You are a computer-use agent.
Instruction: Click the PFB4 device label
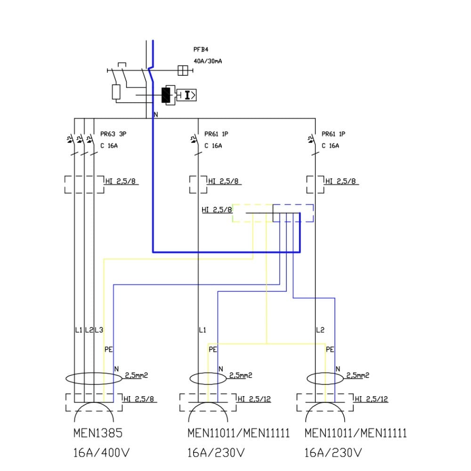[x=201, y=49]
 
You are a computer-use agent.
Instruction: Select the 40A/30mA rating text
[x=208, y=61]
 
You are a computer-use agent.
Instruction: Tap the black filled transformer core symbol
[x=166, y=95]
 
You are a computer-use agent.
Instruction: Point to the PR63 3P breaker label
[x=113, y=134]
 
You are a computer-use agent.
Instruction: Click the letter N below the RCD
[x=156, y=115]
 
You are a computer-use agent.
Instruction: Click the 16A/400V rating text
[x=101, y=453]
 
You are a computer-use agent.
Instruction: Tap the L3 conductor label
[x=98, y=330]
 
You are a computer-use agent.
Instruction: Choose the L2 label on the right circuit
[x=320, y=330]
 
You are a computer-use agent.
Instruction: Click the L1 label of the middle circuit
[x=202, y=330]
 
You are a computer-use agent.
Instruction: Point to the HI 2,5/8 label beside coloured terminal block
[x=217, y=210]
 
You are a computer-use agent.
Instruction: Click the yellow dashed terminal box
[x=252, y=213]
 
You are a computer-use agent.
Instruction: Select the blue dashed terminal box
[x=293, y=213]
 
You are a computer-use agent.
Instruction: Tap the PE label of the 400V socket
[x=108, y=349]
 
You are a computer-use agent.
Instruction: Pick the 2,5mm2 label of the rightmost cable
[x=357, y=375]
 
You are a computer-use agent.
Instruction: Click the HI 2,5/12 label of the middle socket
[x=254, y=399]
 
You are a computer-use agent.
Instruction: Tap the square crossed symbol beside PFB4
[x=183, y=70]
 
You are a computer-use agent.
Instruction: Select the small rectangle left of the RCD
[x=116, y=92]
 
